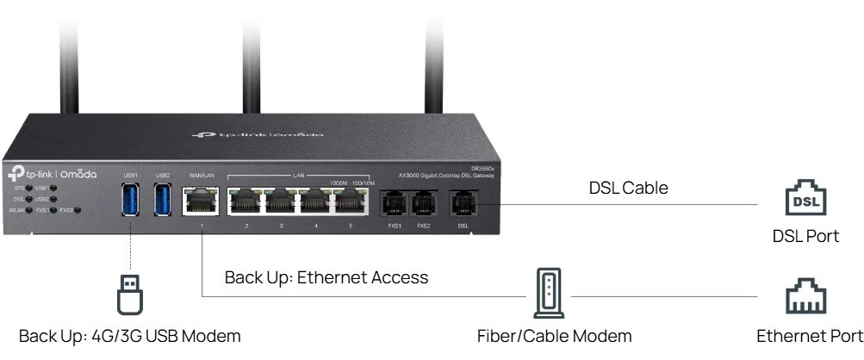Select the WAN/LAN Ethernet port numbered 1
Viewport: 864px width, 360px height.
tap(201, 202)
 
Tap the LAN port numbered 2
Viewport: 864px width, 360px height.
tap(246, 203)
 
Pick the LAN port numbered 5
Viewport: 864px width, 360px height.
tap(349, 203)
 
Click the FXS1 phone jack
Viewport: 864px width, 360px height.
tap(389, 204)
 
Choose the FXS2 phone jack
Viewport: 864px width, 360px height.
tap(422, 204)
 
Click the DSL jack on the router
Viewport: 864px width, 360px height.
tap(463, 204)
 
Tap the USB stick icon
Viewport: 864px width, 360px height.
tap(129, 293)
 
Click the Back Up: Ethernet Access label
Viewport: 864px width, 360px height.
tap(326, 277)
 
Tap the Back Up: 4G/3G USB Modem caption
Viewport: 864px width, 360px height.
tap(129, 336)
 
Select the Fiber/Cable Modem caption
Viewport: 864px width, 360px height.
tap(555, 336)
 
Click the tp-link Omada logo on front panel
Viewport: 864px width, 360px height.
tap(50, 173)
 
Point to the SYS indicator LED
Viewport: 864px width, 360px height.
tap(29, 186)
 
